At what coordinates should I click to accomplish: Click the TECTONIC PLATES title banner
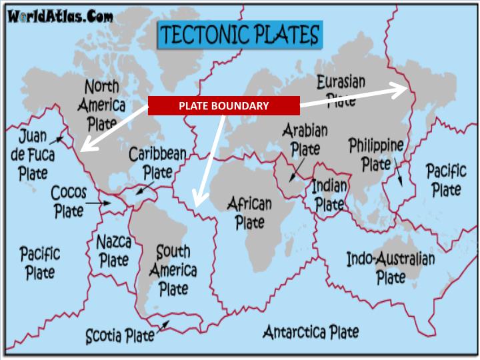pos(239,35)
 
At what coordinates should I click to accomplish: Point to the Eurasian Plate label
pos(341,90)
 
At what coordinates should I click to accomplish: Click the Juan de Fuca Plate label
pos(33,155)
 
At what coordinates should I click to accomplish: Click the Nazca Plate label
pos(113,251)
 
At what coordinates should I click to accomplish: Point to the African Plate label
pos(251,212)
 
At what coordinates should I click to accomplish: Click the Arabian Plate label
pos(305,139)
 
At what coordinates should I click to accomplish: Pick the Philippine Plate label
pos(376,154)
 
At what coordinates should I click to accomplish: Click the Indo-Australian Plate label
pos(390,267)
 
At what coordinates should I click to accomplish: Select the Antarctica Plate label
pos(311,331)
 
